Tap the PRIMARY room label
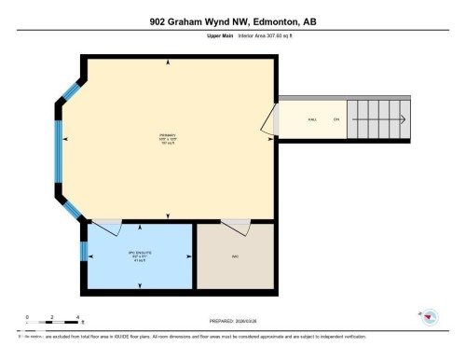[168, 139]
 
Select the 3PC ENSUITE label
[139, 253]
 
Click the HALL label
[314, 118]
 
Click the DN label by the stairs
[336, 118]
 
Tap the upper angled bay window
[71, 91]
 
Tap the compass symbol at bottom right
[429, 319]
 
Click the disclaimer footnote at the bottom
[196, 336]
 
